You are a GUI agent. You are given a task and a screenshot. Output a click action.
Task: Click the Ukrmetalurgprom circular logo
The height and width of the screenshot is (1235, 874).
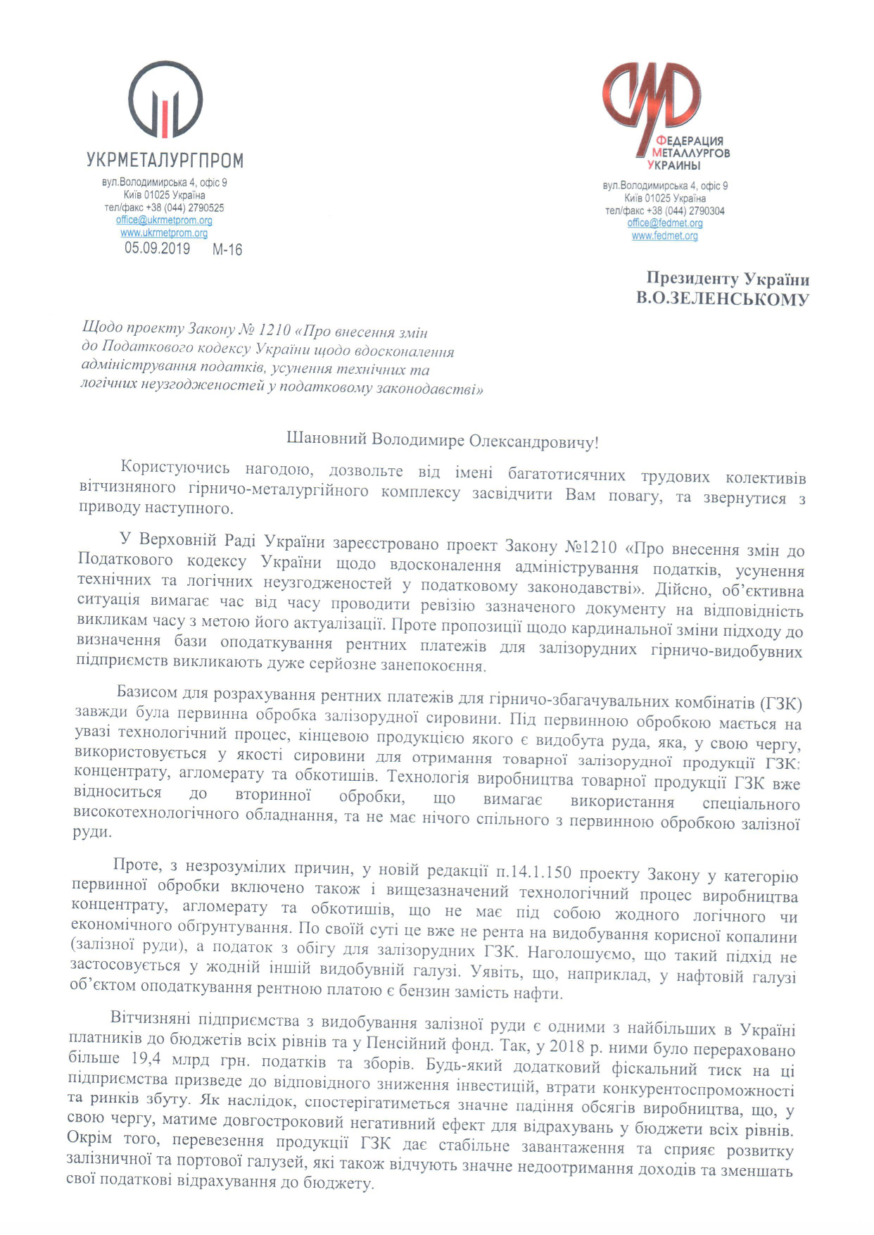pyautogui.click(x=165, y=99)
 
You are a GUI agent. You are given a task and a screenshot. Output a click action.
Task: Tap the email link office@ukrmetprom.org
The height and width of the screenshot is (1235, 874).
pyautogui.click(x=164, y=220)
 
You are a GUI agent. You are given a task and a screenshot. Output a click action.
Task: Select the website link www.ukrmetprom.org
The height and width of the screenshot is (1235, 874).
pyautogui.click(x=164, y=233)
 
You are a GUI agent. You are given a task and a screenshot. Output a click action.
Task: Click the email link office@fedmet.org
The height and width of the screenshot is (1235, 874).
pyautogui.click(x=665, y=223)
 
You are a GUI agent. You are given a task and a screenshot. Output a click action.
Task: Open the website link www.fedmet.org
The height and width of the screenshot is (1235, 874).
pyautogui.click(x=665, y=236)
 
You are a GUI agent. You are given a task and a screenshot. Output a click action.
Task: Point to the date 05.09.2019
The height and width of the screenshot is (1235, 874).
pyautogui.click(x=157, y=249)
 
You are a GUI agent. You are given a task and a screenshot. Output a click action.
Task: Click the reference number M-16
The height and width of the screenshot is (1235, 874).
pyautogui.click(x=227, y=250)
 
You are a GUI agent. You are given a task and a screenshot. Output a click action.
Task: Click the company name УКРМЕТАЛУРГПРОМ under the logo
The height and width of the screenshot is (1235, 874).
pyautogui.click(x=165, y=161)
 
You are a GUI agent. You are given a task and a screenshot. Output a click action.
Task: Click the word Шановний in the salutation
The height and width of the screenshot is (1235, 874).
pyautogui.click(x=327, y=439)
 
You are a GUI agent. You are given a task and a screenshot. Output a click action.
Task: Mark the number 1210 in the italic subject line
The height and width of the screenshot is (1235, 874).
pyautogui.click(x=274, y=330)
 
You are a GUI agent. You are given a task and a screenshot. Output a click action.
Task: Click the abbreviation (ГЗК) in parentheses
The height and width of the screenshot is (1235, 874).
pyautogui.click(x=780, y=703)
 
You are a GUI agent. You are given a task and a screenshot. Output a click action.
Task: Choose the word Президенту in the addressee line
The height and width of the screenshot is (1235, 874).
pyautogui.click(x=692, y=279)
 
